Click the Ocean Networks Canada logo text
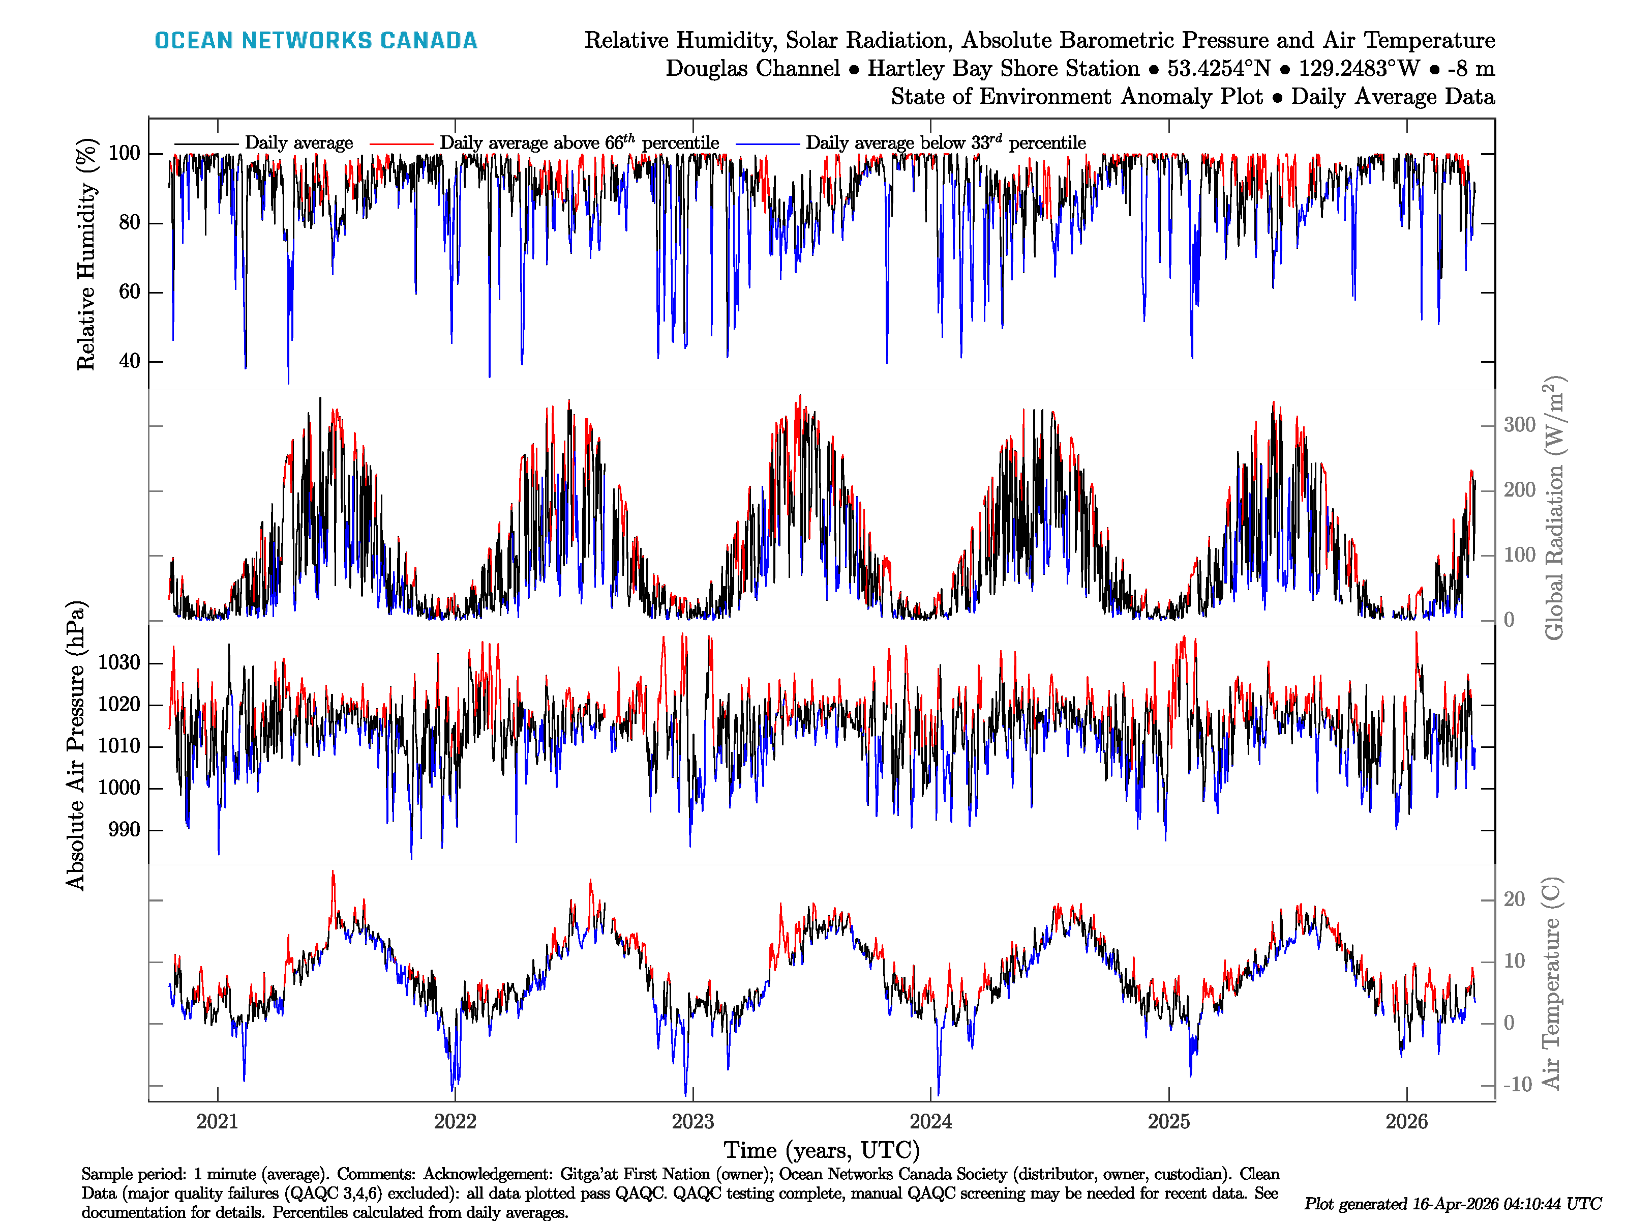pos(316,41)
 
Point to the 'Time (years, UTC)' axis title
pos(822,1150)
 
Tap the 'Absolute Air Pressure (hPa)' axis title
pos(76,745)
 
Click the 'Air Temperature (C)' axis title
pos(1551,982)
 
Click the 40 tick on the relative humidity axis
pos(130,361)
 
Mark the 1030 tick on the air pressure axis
pos(119,662)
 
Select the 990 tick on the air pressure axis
pos(124,829)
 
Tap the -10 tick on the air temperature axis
pos(1516,1084)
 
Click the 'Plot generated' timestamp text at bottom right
pos(1453,1203)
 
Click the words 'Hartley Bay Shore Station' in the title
pos(1003,69)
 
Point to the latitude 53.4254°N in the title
pos(1219,69)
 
